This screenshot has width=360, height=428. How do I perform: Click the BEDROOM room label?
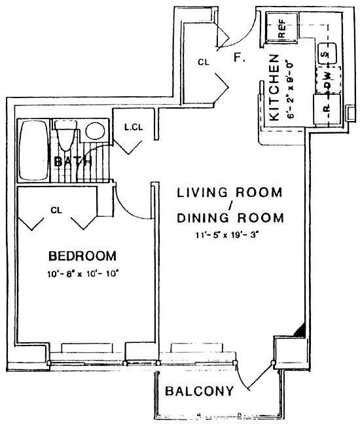pyautogui.click(x=82, y=256)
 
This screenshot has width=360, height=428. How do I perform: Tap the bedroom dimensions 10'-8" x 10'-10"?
pyautogui.click(x=84, y=274)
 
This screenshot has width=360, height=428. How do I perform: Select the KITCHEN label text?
pyautogui.click(x=274, y=88)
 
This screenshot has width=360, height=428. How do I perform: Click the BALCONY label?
pyautogui.click(x=200, y=391)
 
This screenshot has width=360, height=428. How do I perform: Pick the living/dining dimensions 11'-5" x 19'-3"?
pyautogui.click(x=226, y=235)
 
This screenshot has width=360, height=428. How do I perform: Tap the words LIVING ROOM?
pyautogui.click(x=230, y=192)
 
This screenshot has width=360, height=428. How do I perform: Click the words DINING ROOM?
pyautogui.click(x=230, y=218)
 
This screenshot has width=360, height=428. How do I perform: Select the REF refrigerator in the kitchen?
pyautogui.click(x=281, y=27)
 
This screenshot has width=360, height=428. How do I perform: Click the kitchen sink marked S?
pyautogui.click(x=327, y=54)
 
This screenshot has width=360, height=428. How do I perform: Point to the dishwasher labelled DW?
pyautogui.click(x=328, y=80)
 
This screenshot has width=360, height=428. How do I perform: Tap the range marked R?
pyautogui.click(x=327, y=110)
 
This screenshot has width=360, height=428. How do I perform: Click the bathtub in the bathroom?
pyautogui.click(x=33, y=151)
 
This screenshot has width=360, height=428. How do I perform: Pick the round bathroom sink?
pyautogui.click(x=95, y=131)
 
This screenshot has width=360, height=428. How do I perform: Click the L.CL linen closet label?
pyautogui.click(x=134, y=127)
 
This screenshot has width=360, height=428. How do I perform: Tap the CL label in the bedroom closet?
pyautogui.click(x=56, y=210)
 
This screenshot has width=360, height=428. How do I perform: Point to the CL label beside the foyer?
pyautogui.click(x=204, y=63)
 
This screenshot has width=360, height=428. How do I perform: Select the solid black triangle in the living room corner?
pyautogui.click(x=300, y=330)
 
